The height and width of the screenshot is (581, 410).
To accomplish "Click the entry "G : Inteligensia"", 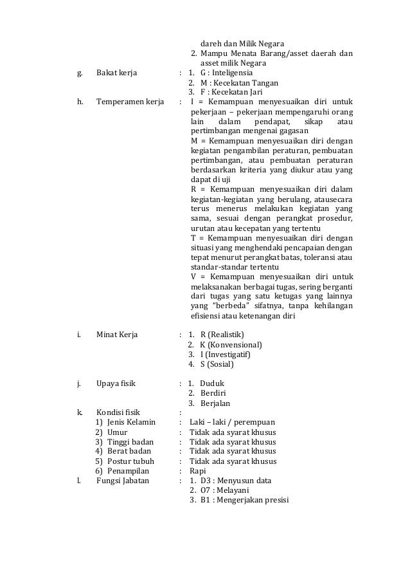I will (x=226, y=73).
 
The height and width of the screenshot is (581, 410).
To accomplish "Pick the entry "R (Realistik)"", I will (x=222, y=335).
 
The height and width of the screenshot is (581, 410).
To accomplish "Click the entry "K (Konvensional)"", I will (x=231, y=345).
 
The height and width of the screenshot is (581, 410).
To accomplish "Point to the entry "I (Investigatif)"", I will (x=226, y=355).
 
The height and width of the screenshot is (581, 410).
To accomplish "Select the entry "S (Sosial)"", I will (x=217, y=365).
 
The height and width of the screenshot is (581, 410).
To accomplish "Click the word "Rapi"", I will (x=199, y=471).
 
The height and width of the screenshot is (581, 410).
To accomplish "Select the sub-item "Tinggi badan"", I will (x=131, y=442).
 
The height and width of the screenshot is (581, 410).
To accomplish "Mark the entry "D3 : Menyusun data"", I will (x=235, y=481).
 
